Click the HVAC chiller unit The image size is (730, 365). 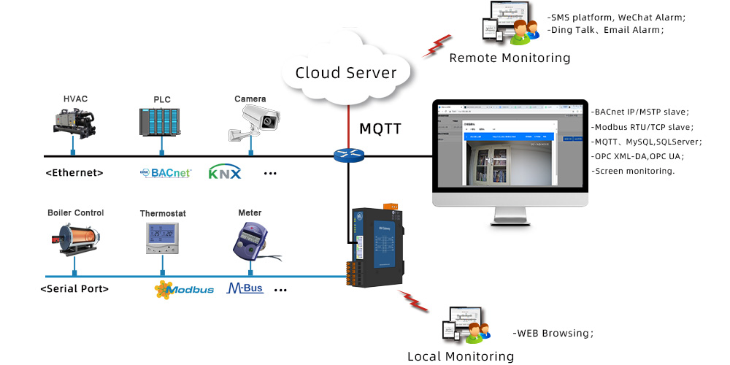point(74,121)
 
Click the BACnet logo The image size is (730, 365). point(166,173)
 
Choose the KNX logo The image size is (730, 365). point(224,173)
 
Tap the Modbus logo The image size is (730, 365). point(184,289)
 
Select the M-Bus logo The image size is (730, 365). point(245,288)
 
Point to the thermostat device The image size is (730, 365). point(162,238)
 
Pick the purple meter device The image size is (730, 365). point(252,239)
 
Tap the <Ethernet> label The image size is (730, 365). point(74,173)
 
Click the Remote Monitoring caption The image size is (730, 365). point(510,58)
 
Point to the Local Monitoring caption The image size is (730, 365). point(461,356)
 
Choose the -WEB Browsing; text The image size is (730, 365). point(553,333)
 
